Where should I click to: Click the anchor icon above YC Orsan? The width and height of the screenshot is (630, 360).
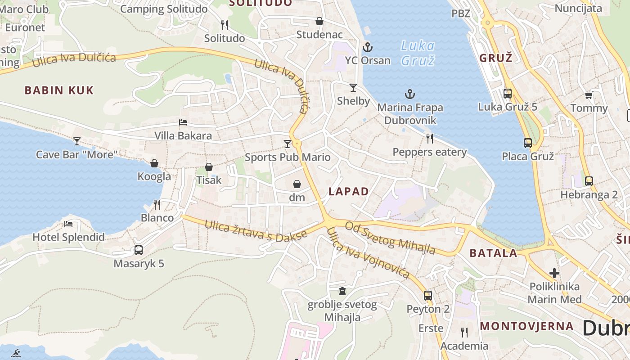click(x=368, y=47)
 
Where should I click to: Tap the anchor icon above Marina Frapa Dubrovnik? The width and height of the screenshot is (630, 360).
click(x=409, y=94)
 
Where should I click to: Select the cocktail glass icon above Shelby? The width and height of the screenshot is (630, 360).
click(x=353, y=87)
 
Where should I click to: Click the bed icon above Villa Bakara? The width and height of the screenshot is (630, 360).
click(x=183, y=122)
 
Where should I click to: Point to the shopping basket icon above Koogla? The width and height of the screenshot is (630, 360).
click(x=154, y=163)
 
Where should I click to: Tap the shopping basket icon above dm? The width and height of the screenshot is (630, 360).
click(x=297, y=184)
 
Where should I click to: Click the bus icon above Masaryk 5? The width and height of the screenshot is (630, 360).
click(x=139, y=250)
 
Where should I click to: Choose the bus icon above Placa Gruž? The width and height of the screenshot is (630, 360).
click(x=528, y=143)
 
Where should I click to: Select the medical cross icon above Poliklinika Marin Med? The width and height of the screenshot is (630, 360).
click(x=554, y=273)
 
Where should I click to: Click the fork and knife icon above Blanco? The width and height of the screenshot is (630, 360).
click(x=157, y=205)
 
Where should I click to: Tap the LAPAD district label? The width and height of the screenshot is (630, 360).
click(x=349, y=191)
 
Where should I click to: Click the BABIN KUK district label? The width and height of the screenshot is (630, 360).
click(x=59, y=90)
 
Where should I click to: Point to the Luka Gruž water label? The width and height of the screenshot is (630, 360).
click(x=418, y=53)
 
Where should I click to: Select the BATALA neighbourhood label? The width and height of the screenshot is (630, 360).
click(x=493, y=253)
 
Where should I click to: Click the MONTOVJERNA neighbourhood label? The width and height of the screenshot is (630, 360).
click(x=526, y=326)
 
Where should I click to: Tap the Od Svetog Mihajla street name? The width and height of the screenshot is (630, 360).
click(x=390, y=238)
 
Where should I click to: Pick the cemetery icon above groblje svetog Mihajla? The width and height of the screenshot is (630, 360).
click(x=342, y=291)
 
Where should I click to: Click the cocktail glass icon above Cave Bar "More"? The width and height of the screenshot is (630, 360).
click(x=77, y=141)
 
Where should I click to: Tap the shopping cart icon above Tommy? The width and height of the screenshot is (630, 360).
click(x=589, y=94)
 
